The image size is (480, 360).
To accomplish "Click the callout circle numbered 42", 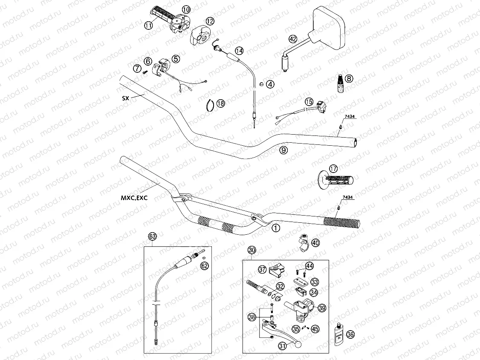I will click(292, 39).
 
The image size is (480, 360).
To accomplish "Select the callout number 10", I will click(186, 9).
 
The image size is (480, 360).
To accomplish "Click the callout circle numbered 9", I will click(284, 150).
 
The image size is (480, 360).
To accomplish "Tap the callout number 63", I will click(152, 236).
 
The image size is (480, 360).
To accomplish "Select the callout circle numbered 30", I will click(252, 250).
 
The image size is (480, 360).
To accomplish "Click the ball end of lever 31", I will click(297, 345).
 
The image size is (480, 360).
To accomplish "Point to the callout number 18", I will click(220, 103).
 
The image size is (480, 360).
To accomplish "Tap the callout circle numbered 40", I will click(315, 243).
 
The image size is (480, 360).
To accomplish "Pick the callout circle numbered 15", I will click(309, 102).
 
